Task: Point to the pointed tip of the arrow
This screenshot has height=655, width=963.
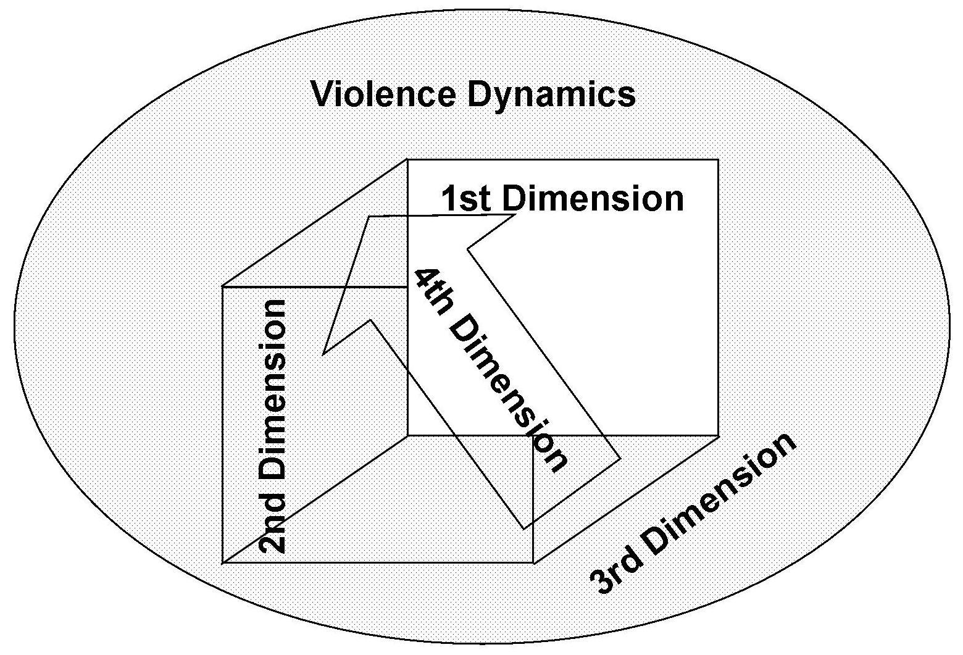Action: click(369, 217)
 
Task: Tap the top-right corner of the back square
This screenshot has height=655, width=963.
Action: click(718, 160)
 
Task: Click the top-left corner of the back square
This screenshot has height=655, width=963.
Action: click(407, 160)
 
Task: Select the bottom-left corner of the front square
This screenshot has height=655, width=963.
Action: click(222, 562)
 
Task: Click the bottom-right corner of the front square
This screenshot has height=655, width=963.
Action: click(533, 562)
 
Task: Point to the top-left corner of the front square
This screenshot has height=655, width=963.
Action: click(222, 286)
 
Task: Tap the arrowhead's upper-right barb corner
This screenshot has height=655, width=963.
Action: click(516, 214)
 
